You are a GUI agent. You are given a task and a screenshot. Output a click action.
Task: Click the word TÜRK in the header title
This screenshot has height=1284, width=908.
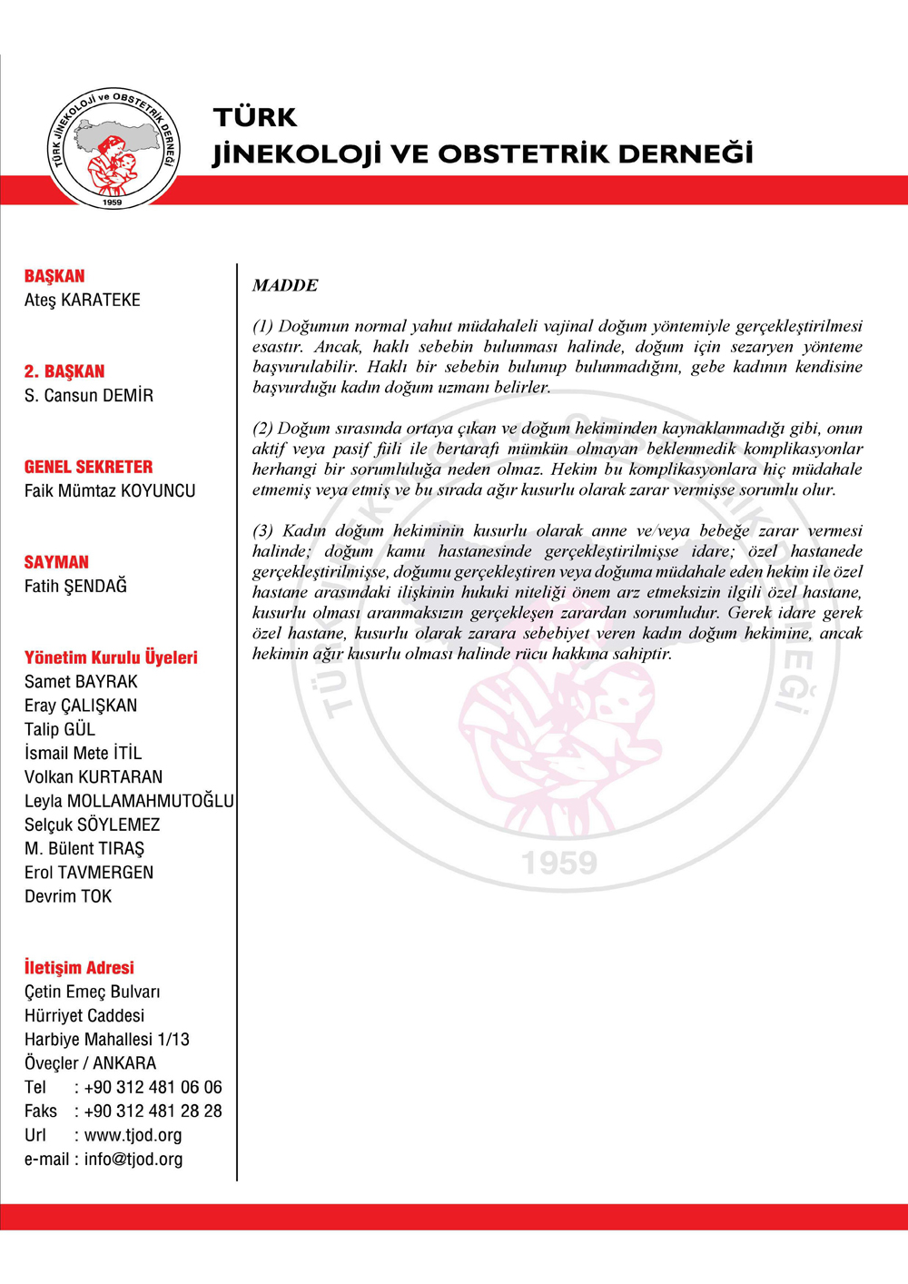[x=255, y=117]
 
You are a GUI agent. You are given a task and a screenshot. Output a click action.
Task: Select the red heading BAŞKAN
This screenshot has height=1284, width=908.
[x=54, y=276]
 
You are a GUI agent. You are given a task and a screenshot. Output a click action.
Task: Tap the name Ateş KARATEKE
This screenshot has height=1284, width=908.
[x=83, y=300]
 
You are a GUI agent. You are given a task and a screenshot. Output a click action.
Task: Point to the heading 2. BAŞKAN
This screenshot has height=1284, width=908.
[x=64, y=371]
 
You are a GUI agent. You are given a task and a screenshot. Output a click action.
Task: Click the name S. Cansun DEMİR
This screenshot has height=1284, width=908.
[x=89, y=395]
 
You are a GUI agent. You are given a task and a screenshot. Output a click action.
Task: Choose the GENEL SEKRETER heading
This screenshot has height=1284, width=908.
[x=89, y=467]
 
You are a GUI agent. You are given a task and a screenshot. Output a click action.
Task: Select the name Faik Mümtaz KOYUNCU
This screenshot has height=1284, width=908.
[x=110, y=490]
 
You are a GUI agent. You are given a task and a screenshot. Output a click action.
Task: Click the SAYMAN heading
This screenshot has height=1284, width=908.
[x=56, y=562]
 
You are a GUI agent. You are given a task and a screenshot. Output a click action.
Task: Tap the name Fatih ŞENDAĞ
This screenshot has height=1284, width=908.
[x=75, y=586]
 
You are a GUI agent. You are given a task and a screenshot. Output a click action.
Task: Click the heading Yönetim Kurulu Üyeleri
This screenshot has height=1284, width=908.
[x=111, y=657]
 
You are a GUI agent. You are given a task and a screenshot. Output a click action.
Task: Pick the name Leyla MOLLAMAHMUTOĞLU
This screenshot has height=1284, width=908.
[x=129, y=801]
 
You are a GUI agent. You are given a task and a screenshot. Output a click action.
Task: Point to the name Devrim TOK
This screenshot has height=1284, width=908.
[x=68, y=896]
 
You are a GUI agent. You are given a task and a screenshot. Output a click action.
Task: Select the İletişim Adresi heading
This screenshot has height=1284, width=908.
[x=79, y=968]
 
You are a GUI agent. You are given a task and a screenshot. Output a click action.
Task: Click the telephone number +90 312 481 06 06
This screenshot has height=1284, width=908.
[x=153, y=1087]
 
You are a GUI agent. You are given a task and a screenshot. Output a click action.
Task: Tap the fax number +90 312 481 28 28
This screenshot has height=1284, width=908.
[x=153, y=1111]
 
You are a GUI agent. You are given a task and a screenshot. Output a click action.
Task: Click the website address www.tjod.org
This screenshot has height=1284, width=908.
[x=133, y=1135]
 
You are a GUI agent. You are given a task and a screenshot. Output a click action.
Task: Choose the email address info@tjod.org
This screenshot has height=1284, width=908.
[x=133, y=1159]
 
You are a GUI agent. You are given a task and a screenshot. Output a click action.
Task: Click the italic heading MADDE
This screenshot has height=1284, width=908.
[x=285, y=285]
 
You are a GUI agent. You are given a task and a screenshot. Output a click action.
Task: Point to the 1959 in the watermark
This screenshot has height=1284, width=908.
[x=559, y=863]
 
